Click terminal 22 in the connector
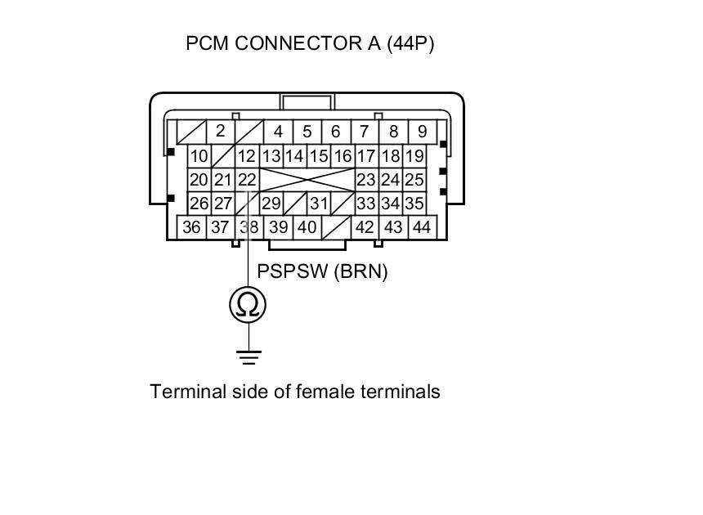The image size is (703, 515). point(246,180)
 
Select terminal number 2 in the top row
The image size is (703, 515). point(220,131)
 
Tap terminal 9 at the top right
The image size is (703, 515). point(422,131)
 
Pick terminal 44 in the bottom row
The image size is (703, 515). point(421,227)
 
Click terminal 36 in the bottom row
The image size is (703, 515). point(191,227)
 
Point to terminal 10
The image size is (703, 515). point(199,156)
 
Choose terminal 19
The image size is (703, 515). point(414,156)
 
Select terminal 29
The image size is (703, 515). point(271,204)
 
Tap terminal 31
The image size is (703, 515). point(319,204)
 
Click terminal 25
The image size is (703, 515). point(414,180)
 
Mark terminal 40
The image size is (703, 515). point(307,227)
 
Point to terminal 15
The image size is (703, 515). point(319,156)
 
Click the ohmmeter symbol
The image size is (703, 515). point(248,304)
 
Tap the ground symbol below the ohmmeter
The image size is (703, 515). point(249,357)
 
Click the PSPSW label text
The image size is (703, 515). point(293,271)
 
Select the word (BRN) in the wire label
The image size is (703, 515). point(360,271)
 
